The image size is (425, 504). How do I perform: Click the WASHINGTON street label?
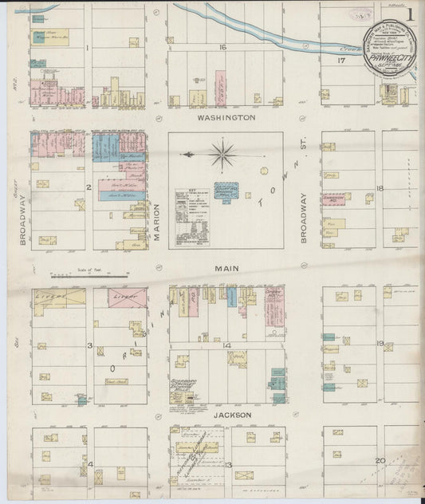[226, 116]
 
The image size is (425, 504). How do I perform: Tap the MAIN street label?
[226, 270]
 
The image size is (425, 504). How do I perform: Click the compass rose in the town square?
[222, 152]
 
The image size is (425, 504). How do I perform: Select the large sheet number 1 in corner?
[409, 14]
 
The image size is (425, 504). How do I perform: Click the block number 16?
[224, 48]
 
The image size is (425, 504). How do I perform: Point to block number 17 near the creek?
[341, 60]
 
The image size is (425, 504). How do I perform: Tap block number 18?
[380, 188]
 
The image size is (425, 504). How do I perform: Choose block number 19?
[380, 344]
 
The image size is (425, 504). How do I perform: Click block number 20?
[380, 461]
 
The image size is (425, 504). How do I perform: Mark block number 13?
[227, 464]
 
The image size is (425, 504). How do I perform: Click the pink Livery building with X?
[120, 297]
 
